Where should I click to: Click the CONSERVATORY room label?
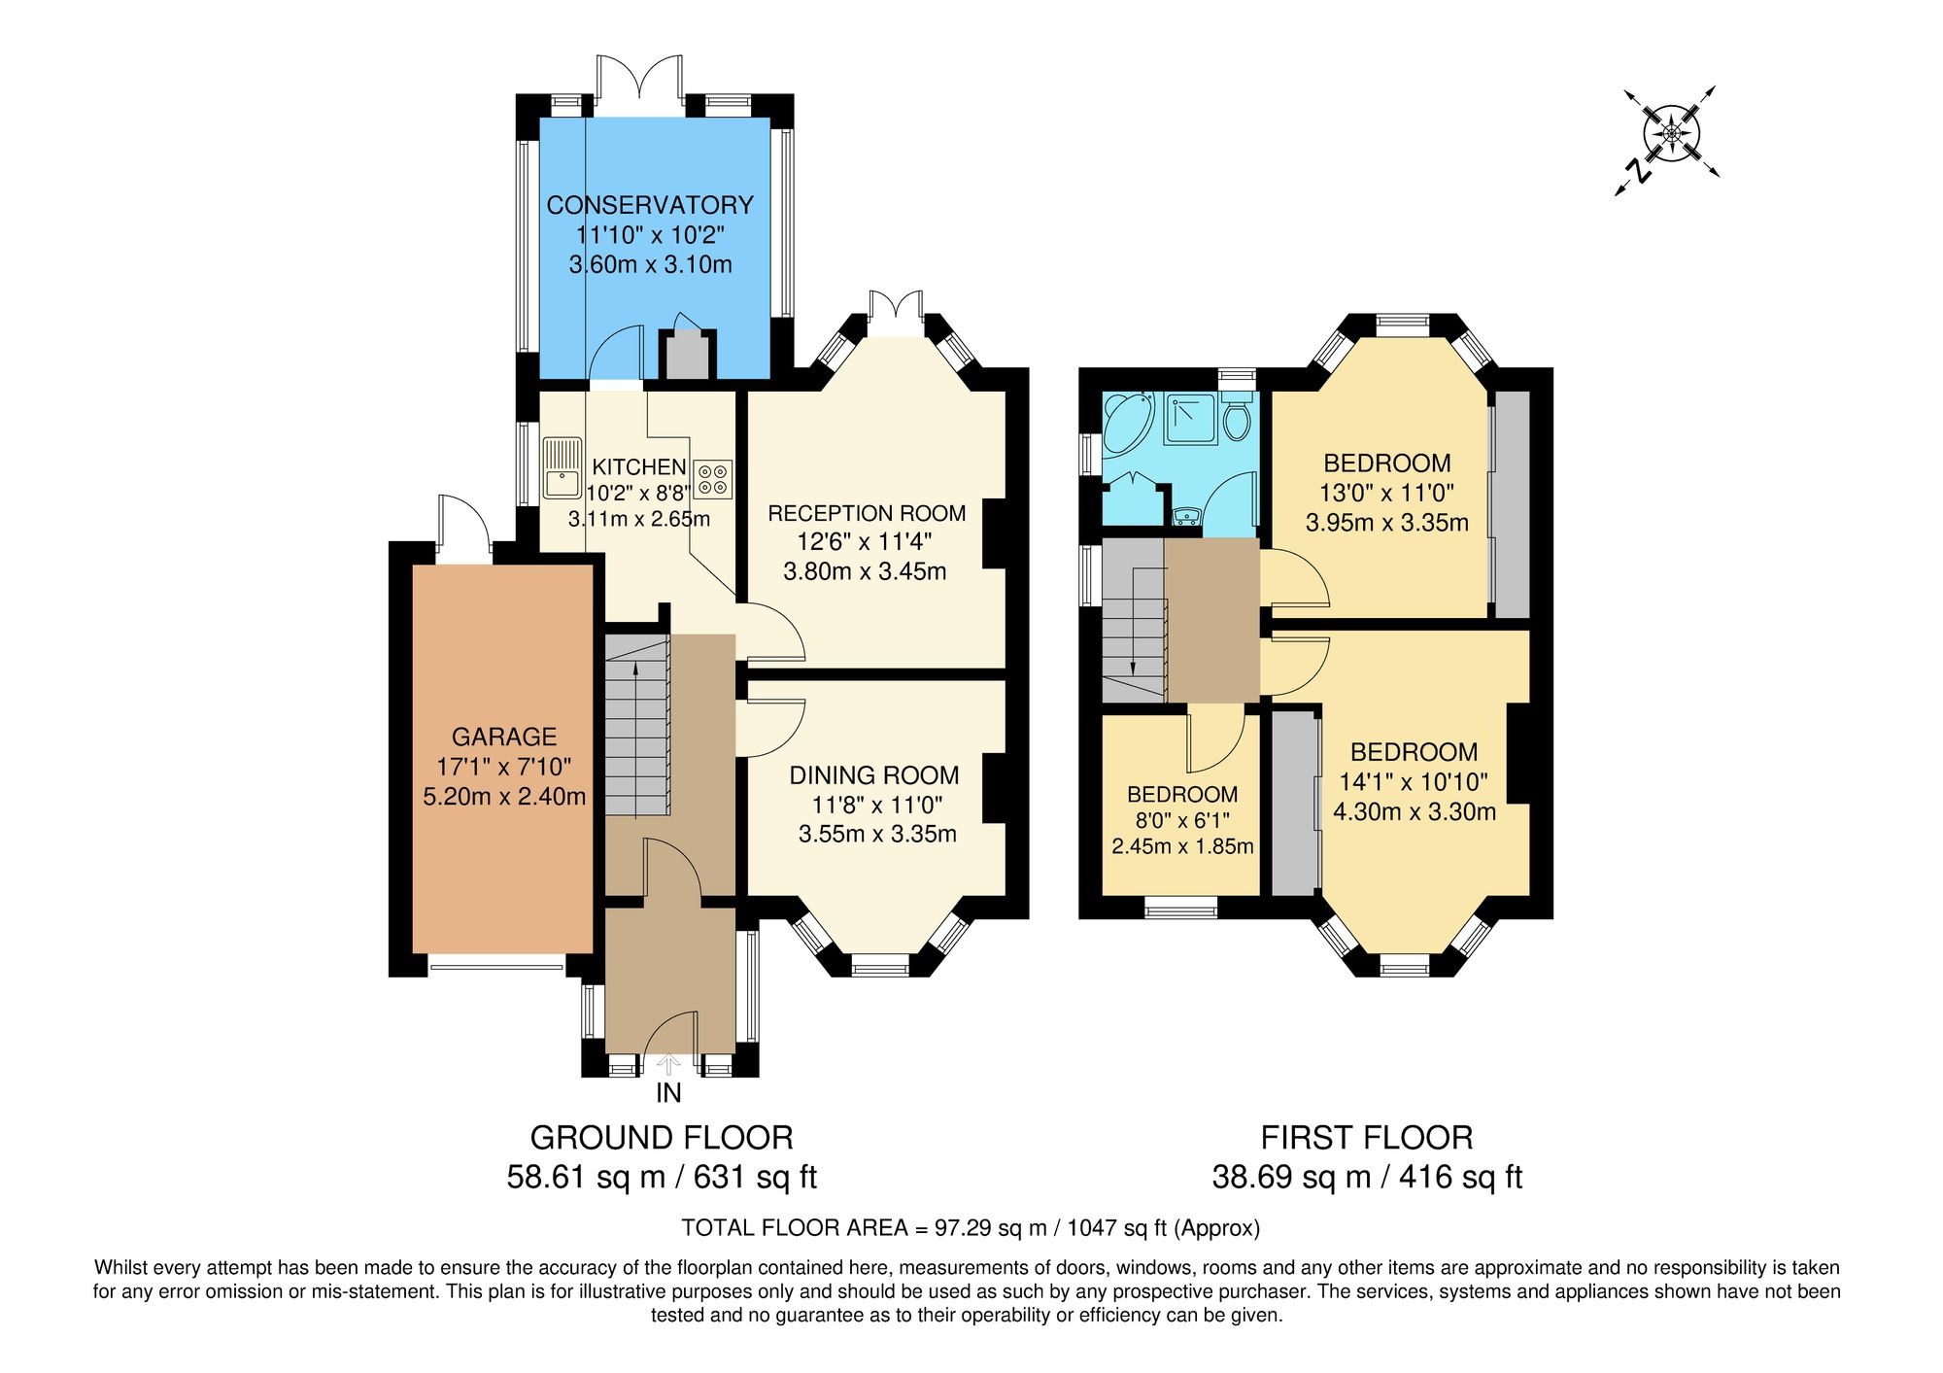coord(649,205)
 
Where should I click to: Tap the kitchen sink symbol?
coord(562,468)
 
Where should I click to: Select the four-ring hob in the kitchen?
coord(712,478)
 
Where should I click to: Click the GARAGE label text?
coord(504,737)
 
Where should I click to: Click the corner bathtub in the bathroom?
coord(1127,420)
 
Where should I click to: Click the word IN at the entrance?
coord(668,1093)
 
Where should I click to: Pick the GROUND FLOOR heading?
coord(661,1137)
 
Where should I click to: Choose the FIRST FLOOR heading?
coord(1366,1137)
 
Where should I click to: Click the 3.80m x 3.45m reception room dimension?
coord(865,571)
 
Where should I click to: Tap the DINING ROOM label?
coord(873,775)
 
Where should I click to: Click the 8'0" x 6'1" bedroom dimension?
coord(1181,820)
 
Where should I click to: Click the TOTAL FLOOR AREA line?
coord(970,1227)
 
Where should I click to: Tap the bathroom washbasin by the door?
coord(1185,516)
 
